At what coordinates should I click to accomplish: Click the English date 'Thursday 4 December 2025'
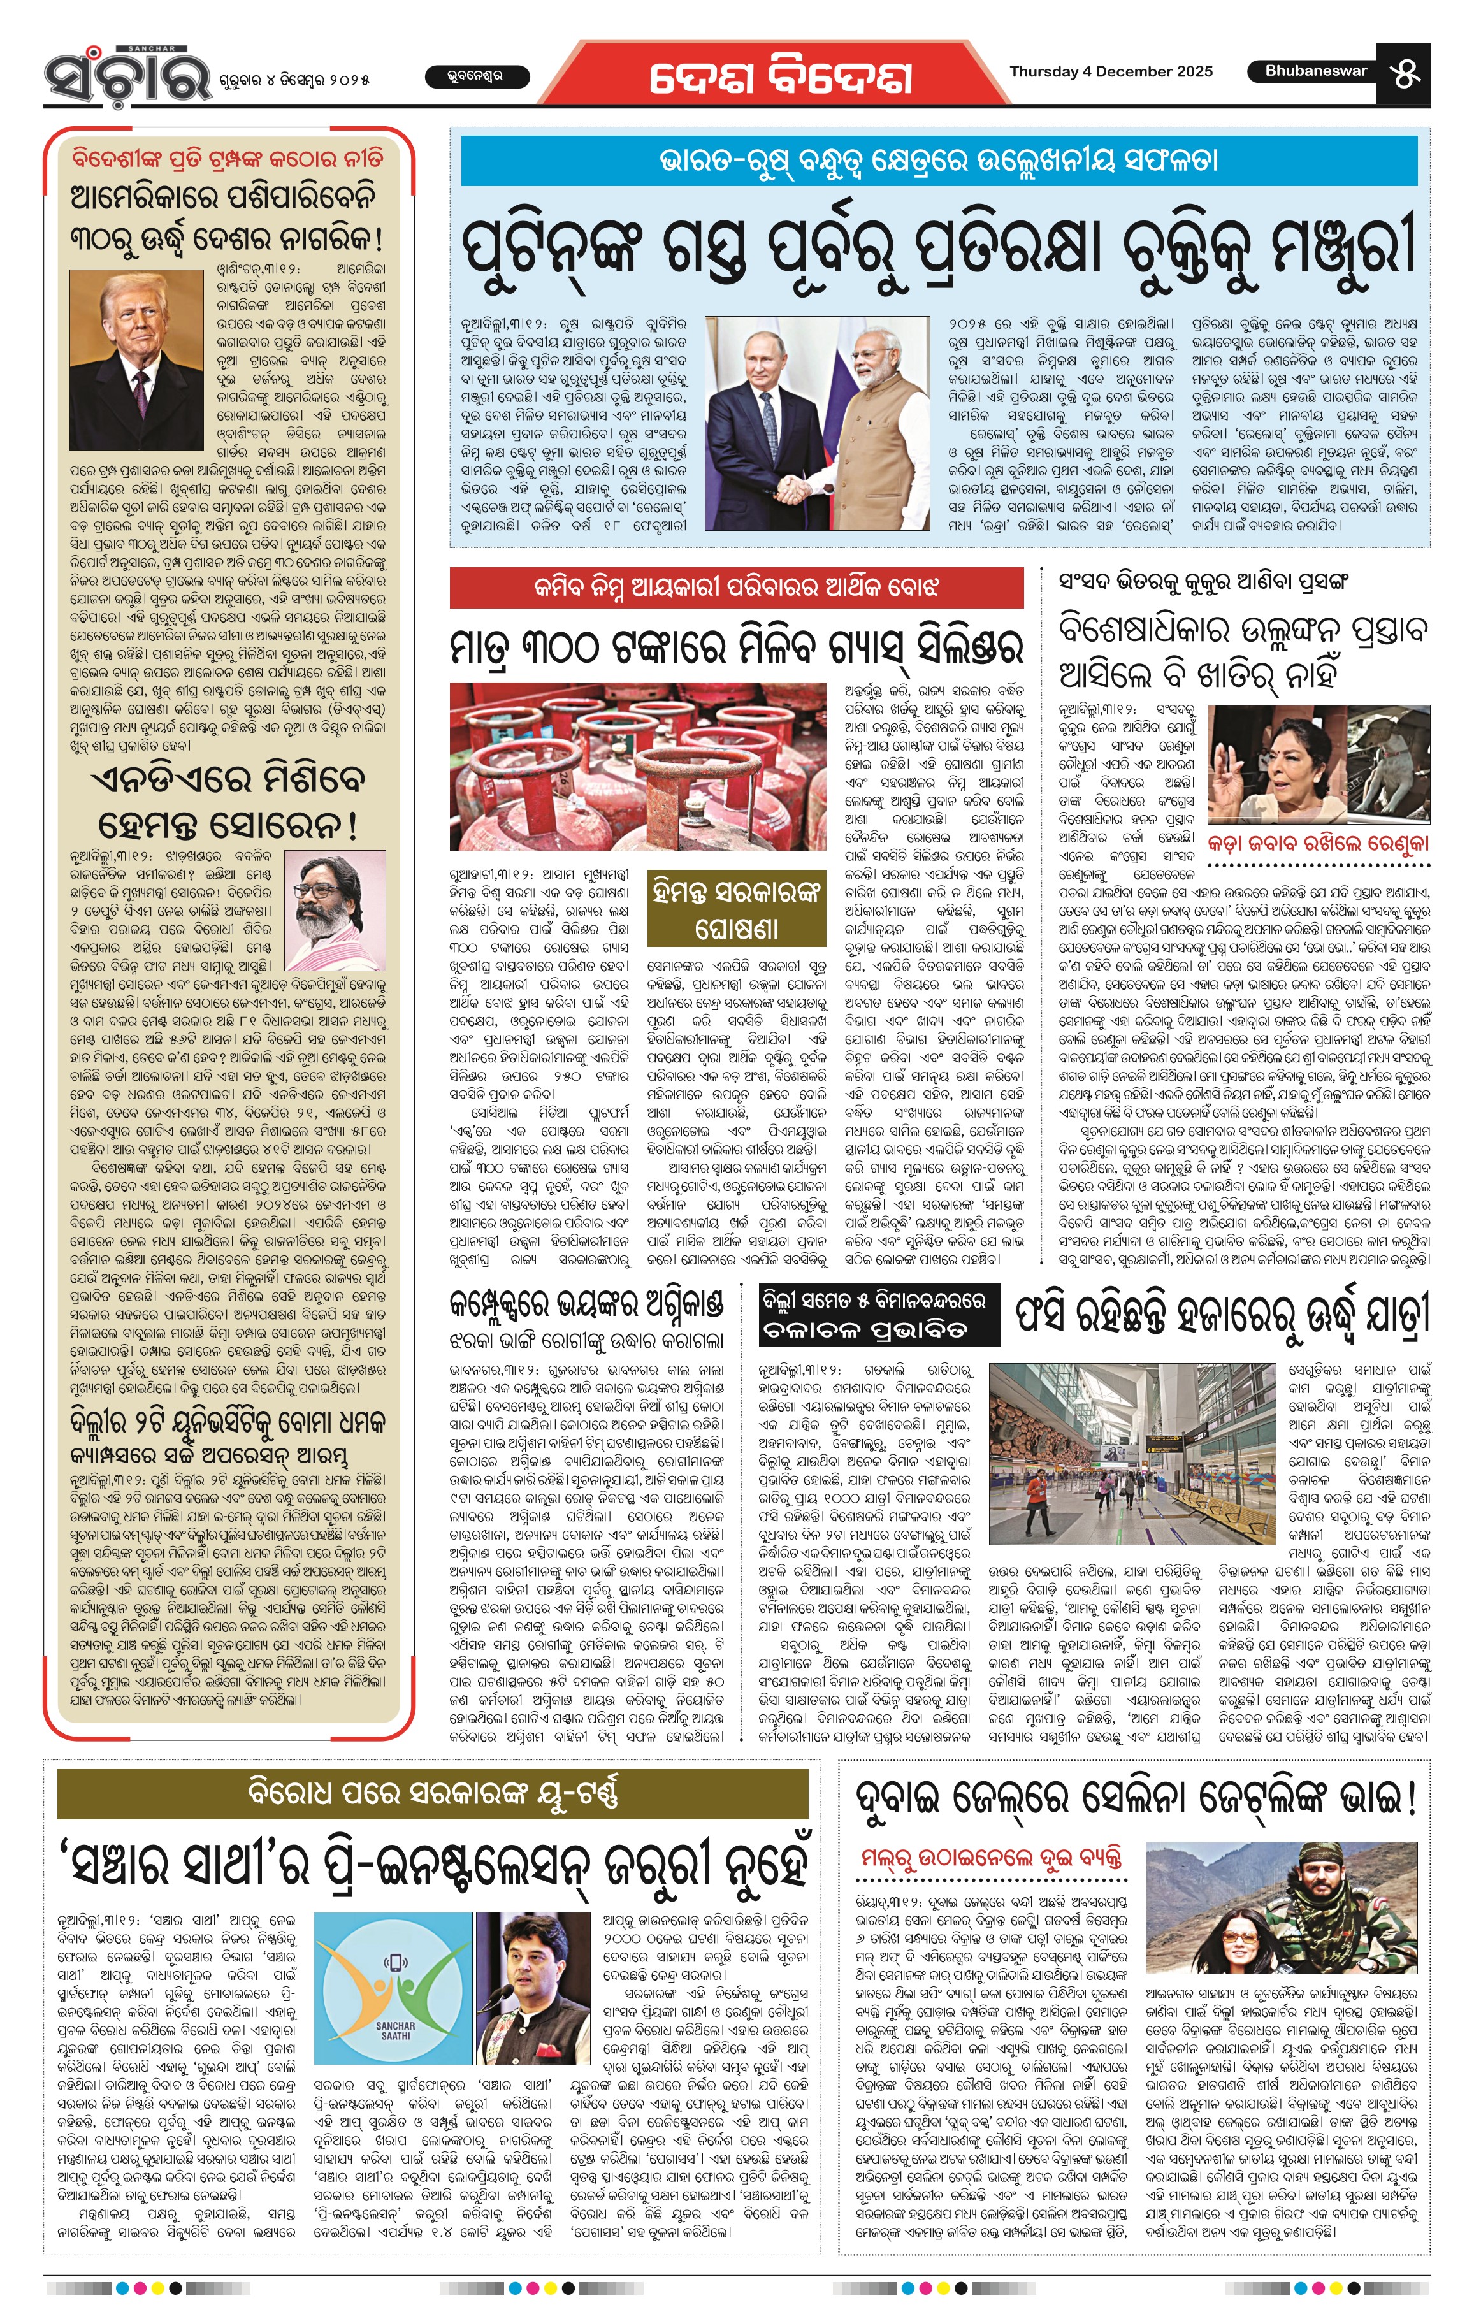click(x=1110, y=71)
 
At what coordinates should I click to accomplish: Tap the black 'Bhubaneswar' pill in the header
click(x=1315, y=71)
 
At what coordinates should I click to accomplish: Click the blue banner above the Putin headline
click(x=939, y=161)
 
